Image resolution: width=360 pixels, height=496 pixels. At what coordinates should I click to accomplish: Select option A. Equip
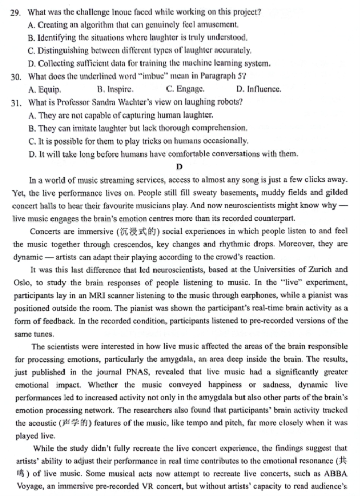coord(45,89)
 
